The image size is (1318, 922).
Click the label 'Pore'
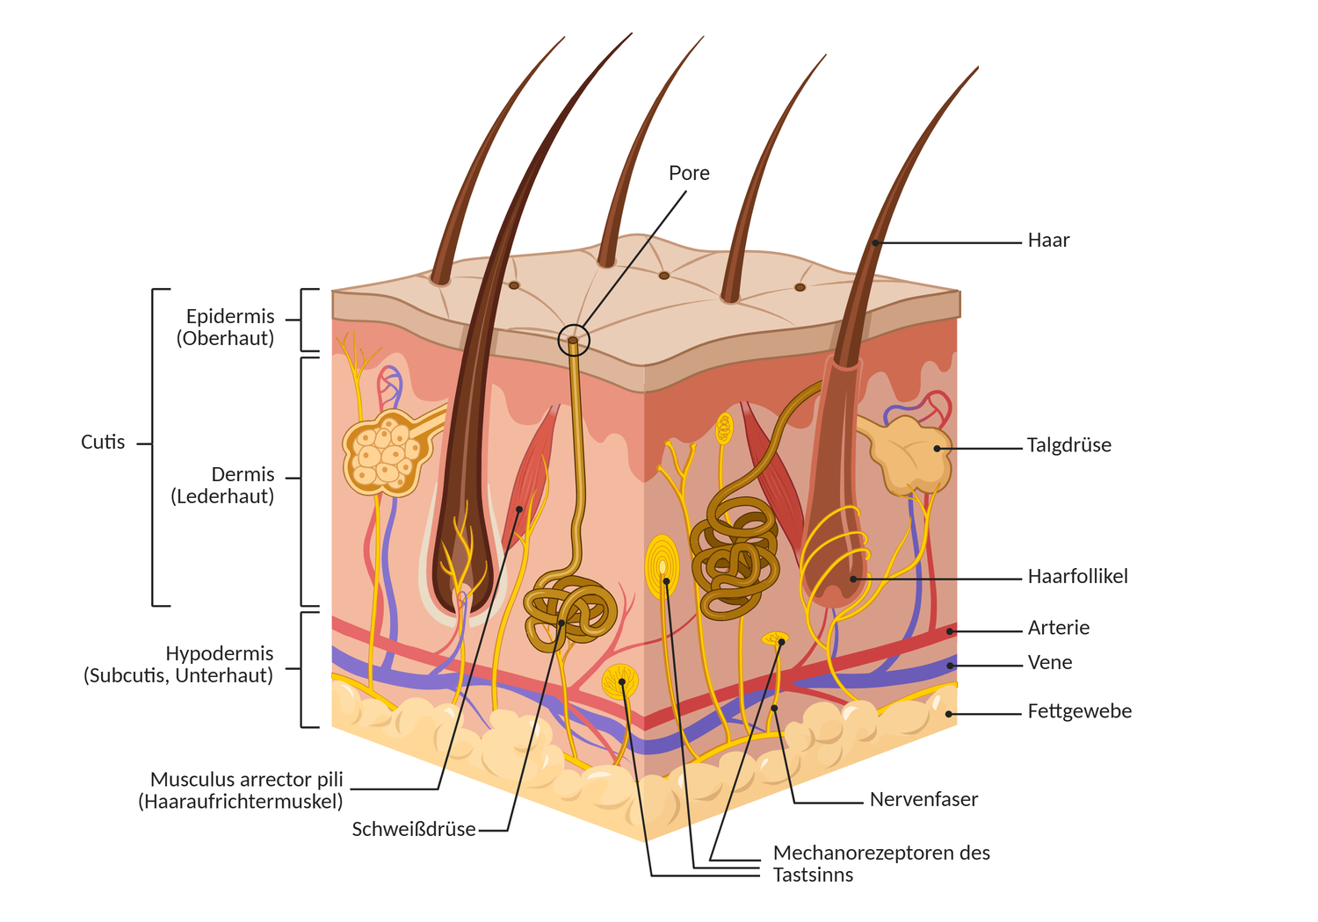pyautogui.click(x=689, y=173)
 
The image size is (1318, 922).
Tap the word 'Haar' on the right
pyautogui.click(x=1048, y=241)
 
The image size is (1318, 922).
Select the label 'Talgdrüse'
pyautogui.click(x=1068, y=445)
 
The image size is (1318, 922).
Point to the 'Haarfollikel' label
pyautogui.click(x=1077, y=577)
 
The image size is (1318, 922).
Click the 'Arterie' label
pyautogui.click(x=1058, y=628)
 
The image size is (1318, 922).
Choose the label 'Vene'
pyautogui.click(x=1049, y=663)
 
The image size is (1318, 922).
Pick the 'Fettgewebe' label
pyautogui.click(x=1079, y=711)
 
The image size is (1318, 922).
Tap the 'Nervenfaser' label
pyautogui.click(x=923, y=799)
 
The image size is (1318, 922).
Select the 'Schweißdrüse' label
pyautogui.click(x=413, y=829)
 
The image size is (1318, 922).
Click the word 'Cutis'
pyautogui.click(x=103, y=443)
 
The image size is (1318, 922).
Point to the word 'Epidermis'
pyautogui.click(x=230, y=317)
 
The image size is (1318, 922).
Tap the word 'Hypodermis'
pyautogui.click(x=219, y=654)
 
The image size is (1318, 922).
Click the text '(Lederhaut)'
pyautogui.click(x=222, y=496)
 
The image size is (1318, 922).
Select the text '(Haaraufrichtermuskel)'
pyautogui.click(x=240, y=801)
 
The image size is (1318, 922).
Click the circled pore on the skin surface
pyautogui.click(x=573, y=340)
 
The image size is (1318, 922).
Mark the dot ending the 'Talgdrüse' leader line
pyautogui.click(x=938, y=448)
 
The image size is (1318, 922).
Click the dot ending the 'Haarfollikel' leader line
pyautogui.click(x=853, y=580)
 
